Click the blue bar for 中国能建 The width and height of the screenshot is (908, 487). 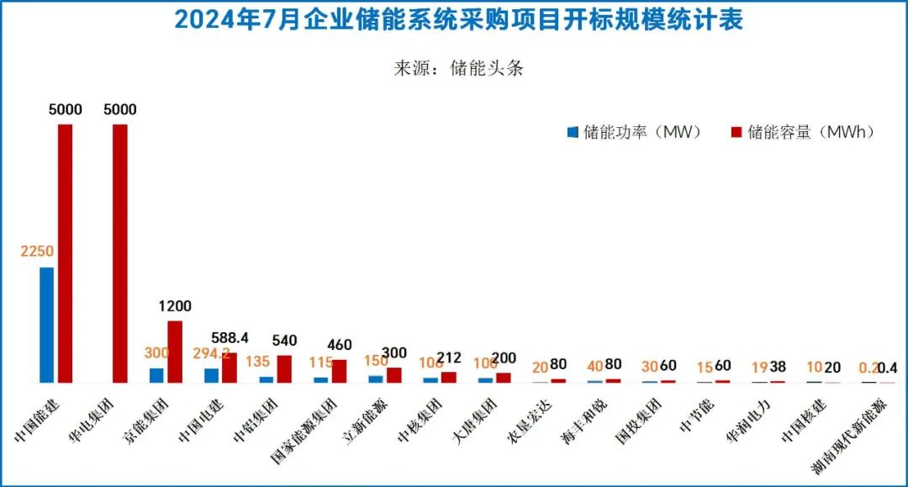(x=46, y=325)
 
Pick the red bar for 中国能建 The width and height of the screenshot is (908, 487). (x=65, y=253)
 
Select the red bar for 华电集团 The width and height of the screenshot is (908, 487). (x=120, y=253)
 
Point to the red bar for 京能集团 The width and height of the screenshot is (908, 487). (x=175, y=352)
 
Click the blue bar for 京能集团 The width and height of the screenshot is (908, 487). (x=156, y=375)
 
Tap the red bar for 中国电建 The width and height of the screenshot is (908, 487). (x=230, y=368)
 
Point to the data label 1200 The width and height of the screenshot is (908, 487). (x=175, y=306)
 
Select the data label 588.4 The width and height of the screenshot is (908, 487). (x=230, y=337)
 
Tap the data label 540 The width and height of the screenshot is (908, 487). (x=285, y=340)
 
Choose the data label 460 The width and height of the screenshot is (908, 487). (x=340, y=345)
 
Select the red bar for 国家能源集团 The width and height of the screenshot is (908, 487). (x=340, y=371)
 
